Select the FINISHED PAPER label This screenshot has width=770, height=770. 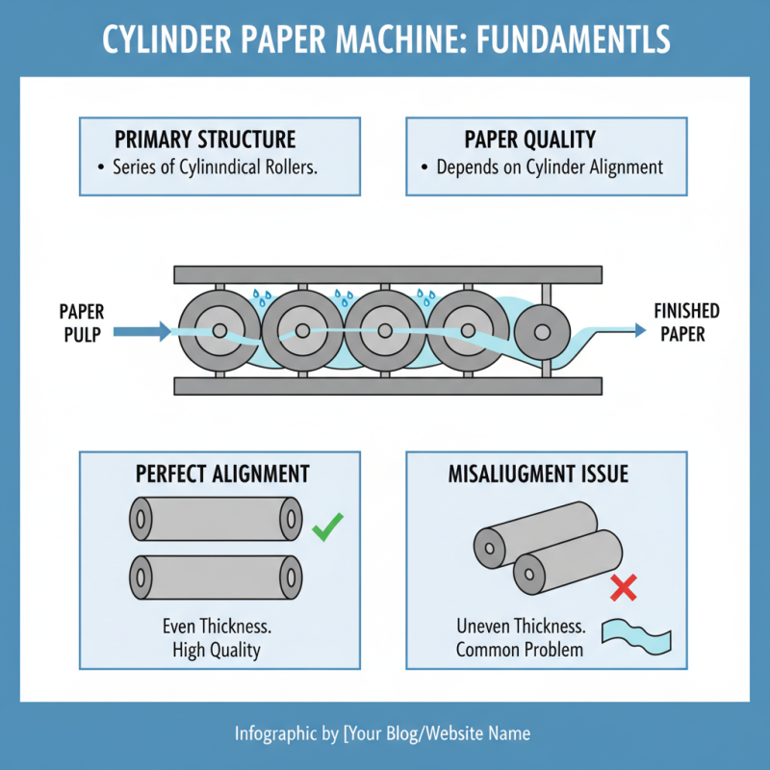click(686, 322)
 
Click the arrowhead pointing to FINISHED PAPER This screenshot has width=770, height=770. click(639, 330)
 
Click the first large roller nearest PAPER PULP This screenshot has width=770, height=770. click(219, 331)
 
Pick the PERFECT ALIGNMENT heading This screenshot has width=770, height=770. click(222, 474)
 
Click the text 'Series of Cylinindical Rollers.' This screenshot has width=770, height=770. click(215, 167)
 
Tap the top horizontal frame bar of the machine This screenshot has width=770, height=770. click(388, 272)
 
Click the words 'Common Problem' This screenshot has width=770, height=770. click(520, 649)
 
